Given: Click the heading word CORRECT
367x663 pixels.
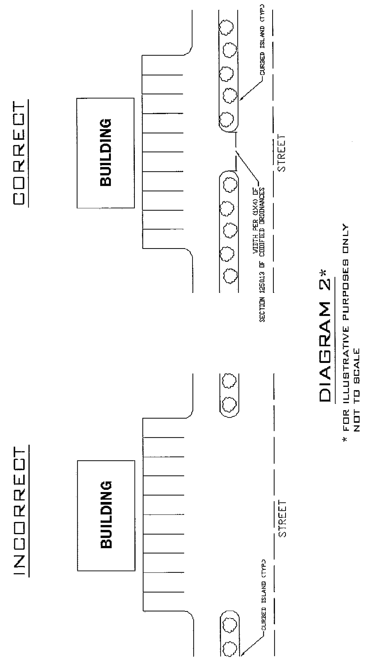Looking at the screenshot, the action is tap(20, 153).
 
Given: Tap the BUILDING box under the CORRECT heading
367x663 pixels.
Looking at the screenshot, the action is tap(106, 153).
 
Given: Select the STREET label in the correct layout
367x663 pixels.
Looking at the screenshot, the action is tap(281, 153).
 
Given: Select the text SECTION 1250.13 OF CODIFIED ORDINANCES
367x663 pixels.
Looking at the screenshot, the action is tap(262, 255).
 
